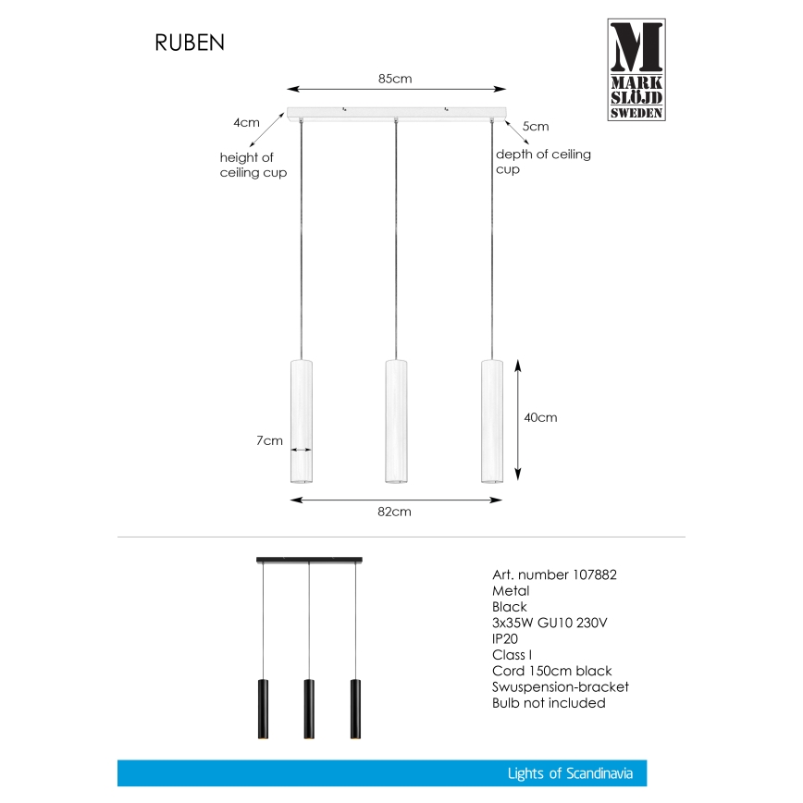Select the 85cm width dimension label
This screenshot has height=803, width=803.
395,79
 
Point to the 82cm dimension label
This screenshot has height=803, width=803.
395,512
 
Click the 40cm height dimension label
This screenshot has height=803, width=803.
540,417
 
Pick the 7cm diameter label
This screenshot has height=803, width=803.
269,440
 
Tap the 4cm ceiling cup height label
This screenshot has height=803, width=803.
246,122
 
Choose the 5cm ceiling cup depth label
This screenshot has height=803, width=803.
536,126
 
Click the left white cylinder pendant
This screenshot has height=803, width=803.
301,421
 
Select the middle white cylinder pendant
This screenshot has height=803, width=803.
397,421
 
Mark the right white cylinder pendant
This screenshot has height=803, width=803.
493,421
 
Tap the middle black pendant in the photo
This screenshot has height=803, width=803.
308,708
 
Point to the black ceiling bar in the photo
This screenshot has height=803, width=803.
308,560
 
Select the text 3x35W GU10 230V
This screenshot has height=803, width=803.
550,623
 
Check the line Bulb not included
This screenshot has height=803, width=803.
549,703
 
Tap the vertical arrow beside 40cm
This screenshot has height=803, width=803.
516,418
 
